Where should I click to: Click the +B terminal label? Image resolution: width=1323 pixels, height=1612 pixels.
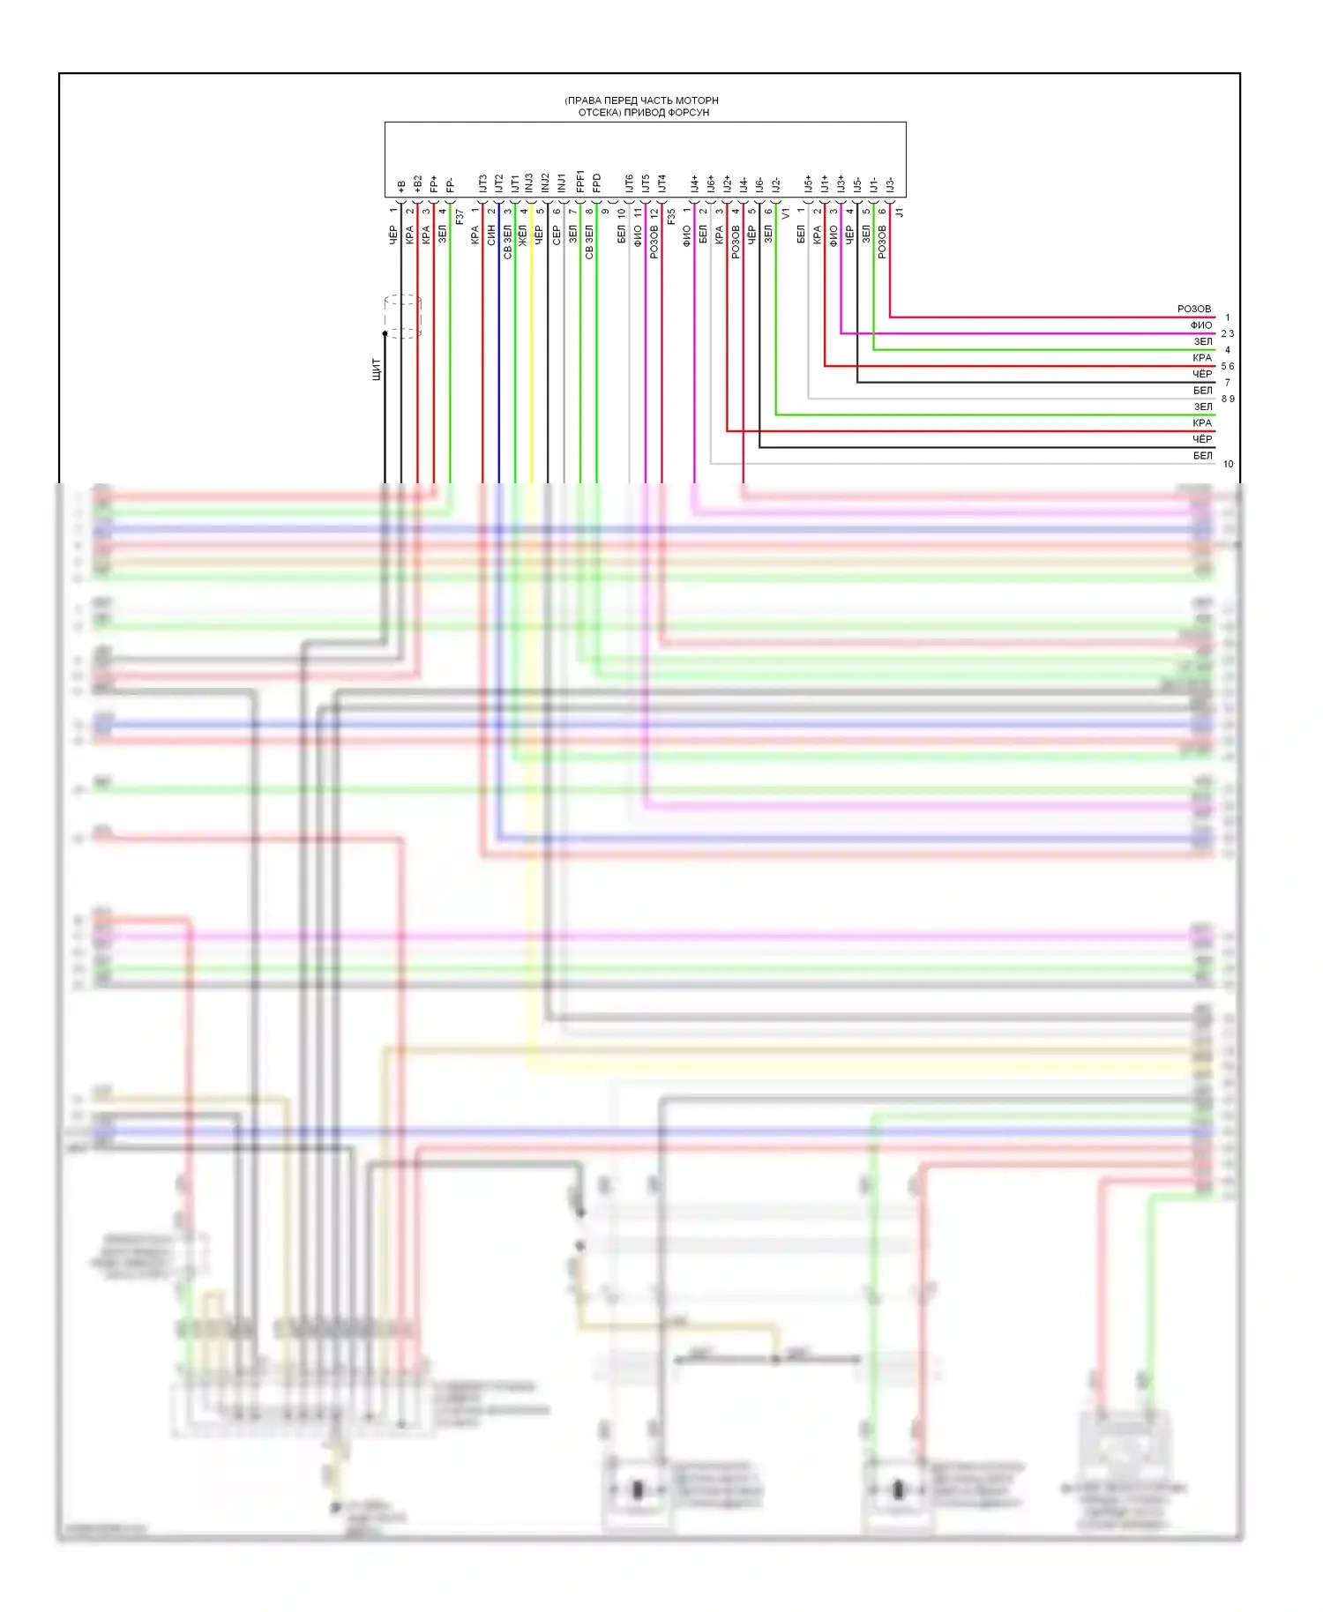pos(401,186)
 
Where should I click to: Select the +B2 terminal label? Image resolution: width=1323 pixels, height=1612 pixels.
pos(417,183)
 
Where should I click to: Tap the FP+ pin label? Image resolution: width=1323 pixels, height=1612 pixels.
pos(434,183)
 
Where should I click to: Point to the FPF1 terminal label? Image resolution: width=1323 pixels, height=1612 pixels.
pos(580,182)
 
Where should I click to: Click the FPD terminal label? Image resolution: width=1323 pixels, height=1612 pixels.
pos(597,183)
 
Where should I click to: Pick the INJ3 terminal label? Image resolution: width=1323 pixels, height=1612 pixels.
pos(531,183)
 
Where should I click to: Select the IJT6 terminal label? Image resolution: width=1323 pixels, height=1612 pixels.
pos(630,183)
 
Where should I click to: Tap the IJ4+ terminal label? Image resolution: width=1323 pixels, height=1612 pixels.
pos(695,183)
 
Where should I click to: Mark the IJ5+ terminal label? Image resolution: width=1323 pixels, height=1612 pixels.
pos(809,183)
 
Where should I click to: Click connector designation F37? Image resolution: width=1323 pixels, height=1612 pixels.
pos(460,216)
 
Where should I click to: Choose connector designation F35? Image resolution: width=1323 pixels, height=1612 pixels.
pos(671,216)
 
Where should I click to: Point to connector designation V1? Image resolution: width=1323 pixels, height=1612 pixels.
pos(786,213)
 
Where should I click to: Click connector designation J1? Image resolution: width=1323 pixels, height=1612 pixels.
pos(900,213)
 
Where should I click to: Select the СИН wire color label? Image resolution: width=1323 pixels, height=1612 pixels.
pos(491,235)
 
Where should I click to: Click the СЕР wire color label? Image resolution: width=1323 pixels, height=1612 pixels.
pos(557,235)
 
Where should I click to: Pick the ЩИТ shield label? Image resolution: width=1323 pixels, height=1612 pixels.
pos(377,369)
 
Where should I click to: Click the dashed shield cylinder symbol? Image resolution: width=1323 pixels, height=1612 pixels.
pos(402,317)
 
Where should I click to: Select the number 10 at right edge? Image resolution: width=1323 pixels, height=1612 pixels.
pos(1228,464)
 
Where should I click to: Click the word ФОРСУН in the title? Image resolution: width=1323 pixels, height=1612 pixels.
pos(690,113)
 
